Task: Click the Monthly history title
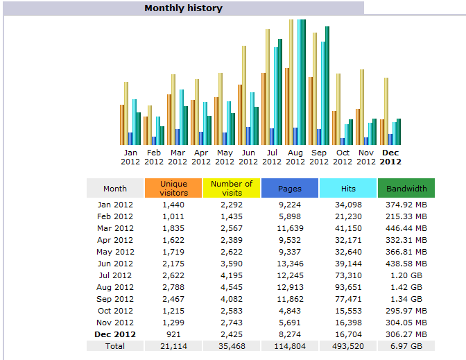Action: pyautogui.click(x=183, y=8)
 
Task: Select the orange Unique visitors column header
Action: pyautogui.click(x=173, y=188)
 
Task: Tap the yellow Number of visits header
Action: pyautogui.click(x=232, y=188)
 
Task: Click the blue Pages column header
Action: pyautogui.click(x=289, y=188)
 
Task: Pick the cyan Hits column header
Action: pyautogui.click(x=347, y=188)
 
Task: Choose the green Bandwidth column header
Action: pyautogui.click(x=406, y=188)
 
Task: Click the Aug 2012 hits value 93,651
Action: pyautogui.click(x=348, y=287)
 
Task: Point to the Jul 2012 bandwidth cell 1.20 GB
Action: pyautogui.click(x=406, y=275)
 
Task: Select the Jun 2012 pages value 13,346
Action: pyautogui.click(x=290, y=264)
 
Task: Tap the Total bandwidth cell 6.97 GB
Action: pyautogui.click(x=406, y=345)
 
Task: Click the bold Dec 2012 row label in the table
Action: pyautogui.click(x=115, y=334)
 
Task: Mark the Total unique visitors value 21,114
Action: pyautogui.click(x=173, y=345)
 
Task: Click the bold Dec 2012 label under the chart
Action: pyautogui.click(x=390, y=157)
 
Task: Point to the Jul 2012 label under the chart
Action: pyautogui.click(x=272, y=157)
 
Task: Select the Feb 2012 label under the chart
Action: pyautogui.click(x=154, y=157)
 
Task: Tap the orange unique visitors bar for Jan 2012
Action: pyautogui.click(x=122, y=125)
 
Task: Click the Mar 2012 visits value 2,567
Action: pyautogui.click(x=232, y=228)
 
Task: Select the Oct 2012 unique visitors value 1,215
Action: pyautogui.click(x=173, y=311)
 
